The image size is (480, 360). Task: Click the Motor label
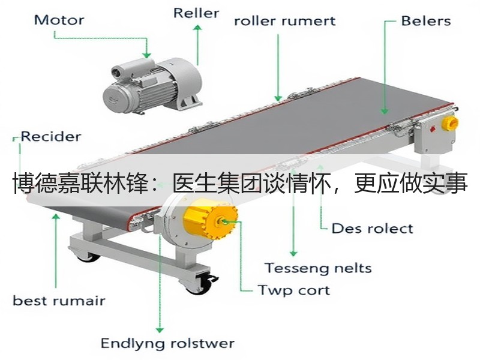point(59,20)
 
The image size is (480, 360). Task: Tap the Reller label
point(196,13)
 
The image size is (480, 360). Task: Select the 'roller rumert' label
point(284,21)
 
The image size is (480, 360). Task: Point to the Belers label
point(426,21)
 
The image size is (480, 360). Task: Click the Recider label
point(51,137)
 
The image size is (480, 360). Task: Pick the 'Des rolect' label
point(372,229)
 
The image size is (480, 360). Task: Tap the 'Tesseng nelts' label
point(318,268)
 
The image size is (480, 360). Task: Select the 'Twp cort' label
point(294,290)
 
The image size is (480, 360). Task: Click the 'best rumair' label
point(59,301)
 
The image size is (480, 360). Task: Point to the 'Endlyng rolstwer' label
point(167,343)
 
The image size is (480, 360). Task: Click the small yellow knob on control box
point(449,123)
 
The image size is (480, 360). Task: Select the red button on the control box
point(433,128)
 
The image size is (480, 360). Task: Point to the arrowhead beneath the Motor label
point(146,55)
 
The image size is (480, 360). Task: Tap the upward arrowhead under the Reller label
point(198,28)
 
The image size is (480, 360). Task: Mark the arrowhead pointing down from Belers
point(385,112)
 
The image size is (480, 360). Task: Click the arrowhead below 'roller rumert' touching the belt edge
point(278,98)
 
